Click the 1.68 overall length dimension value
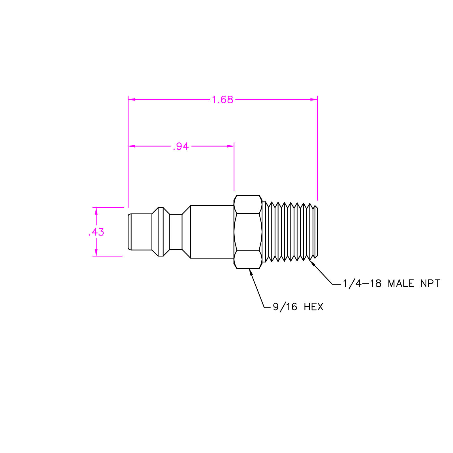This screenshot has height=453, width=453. point(223,100)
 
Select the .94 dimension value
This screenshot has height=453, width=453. point(181,146)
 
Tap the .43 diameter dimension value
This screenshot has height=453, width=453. point(96,232)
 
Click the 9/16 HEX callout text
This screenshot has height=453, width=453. point(298,307)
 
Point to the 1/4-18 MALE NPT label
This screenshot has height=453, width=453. point(392,283)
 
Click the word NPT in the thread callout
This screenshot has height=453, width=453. point(430,283)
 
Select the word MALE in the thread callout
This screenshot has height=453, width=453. point(401,283)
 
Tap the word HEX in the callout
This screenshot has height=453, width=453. point(313,307)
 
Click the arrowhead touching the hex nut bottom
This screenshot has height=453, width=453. point(251,272)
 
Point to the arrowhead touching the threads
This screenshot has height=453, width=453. point(312,263)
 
